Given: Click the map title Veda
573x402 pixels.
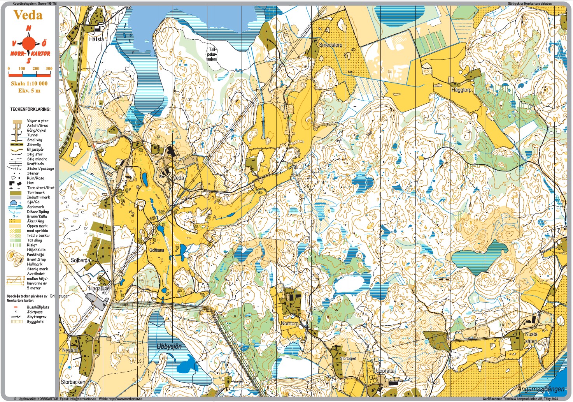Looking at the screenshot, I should (28, 15).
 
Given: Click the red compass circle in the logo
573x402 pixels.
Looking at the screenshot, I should (28, 43).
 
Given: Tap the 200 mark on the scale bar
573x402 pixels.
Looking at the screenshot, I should (36, 69).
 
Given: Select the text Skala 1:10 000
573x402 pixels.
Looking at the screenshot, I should (29, 84).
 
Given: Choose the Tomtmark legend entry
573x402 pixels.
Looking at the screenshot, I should (36, 192).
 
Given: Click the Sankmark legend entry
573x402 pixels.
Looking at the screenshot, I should (35, 207).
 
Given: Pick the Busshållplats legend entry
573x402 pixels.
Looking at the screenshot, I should (38, 307).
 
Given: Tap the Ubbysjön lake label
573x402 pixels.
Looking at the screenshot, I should (169, 346).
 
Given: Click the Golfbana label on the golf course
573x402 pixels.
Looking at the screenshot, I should (156, 250).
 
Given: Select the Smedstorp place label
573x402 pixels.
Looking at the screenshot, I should (330, 45).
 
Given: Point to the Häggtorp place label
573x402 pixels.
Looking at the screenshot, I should (461, 90).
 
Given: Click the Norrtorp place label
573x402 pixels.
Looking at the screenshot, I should (290, 324).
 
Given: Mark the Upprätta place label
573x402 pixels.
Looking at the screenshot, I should (385, 371).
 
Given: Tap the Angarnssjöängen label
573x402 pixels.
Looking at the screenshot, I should (541, 389).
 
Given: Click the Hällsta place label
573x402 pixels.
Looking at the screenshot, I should (96, 39).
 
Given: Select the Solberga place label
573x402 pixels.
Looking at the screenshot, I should (80, 260).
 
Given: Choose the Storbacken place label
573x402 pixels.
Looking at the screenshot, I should (73, 382).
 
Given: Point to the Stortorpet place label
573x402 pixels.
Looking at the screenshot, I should (348, 358).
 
